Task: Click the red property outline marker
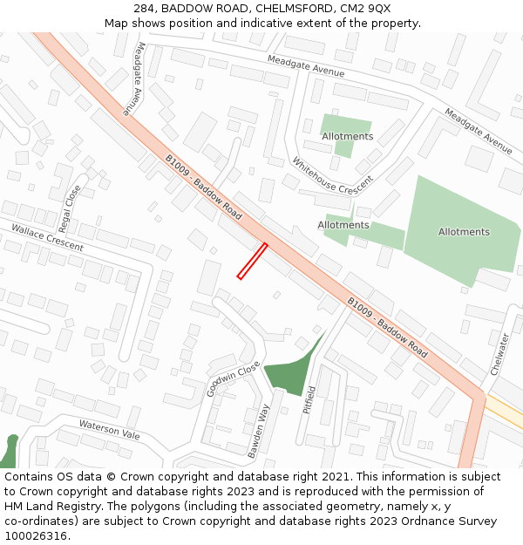pyautogui.click(x=252, y=262)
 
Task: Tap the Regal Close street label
pyautogui.click(x=71, y=203)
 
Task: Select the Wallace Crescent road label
pyautogui.click(x=47, y=237)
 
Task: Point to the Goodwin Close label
pyautogui.click(x=234, y=379)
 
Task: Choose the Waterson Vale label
pyautogui.click(x=109, y=429)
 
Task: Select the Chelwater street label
pyautogui.click(x=499, y=353)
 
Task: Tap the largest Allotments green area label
pyautogui.click(x=464, y=232)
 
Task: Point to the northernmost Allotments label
pyautogui.click(x=347, y=136)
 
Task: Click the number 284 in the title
pyautogui.click(x=145, y=9)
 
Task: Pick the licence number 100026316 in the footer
pyautogui.click(x=37, y=535)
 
